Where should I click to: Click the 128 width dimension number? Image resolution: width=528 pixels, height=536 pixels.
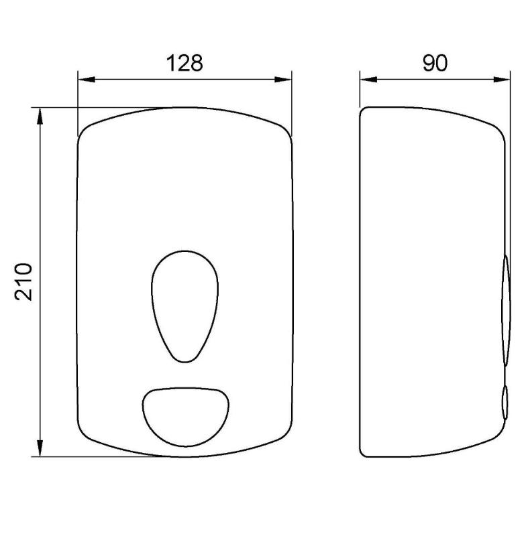click(184, 63)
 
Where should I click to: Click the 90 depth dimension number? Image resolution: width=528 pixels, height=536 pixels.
click(435, 63)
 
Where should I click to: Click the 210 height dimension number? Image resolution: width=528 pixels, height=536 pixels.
click(23, 281)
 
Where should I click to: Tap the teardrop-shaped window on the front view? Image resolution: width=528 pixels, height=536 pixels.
click(184, 307)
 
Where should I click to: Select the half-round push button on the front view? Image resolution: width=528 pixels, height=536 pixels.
click(185, 417)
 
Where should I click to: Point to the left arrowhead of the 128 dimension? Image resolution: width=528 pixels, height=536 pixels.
click(87, 80)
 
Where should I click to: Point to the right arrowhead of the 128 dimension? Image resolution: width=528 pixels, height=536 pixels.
click(283, 80)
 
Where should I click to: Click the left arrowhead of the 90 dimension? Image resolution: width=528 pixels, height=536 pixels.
click(368, 80)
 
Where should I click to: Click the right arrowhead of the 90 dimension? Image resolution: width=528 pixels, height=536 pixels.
click(502, 80)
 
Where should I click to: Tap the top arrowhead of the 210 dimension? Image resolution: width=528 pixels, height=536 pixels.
click(40, 116)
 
